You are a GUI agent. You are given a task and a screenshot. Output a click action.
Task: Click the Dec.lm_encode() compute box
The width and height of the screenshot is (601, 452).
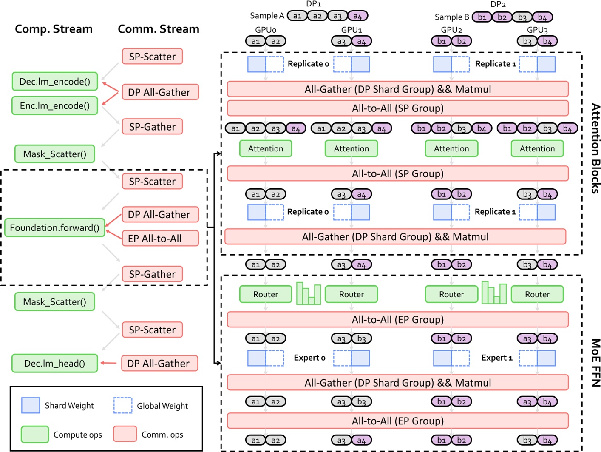[x=55, y=81]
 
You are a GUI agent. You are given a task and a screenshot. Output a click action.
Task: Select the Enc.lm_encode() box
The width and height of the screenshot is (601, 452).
[x=55, y=105]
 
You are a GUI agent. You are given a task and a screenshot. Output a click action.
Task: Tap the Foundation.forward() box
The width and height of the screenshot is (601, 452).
[x=54, y=227]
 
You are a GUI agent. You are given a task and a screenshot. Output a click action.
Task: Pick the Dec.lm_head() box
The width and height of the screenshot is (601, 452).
[x=54, y=363]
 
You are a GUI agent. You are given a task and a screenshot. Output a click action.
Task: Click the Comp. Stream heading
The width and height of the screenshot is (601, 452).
[x=54, y=29]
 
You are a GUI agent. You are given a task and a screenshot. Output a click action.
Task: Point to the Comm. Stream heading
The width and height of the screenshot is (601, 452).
[x=158, y=29]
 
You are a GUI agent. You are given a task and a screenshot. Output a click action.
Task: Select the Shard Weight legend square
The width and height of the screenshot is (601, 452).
[x=31, y=405]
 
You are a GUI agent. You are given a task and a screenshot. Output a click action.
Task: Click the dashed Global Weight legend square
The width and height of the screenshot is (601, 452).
[x=123, y=405]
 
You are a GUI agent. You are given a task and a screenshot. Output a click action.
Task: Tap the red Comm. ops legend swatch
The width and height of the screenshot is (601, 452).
[x=125, y=434]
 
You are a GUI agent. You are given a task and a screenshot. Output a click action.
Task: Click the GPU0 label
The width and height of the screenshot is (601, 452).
[x=266, y=30]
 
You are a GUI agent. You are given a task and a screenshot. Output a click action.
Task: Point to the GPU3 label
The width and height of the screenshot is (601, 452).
[x=537, y=30]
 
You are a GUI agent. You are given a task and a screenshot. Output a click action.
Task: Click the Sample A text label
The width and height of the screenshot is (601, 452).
[x=266, y=16]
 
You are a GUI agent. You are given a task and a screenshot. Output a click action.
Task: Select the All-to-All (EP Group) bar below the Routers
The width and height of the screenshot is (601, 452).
[x=397, y=319]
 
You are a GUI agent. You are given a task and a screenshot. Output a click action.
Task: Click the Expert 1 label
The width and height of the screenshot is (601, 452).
[x=496, y=358]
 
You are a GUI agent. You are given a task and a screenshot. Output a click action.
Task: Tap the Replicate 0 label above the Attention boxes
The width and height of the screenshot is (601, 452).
[x=308, y=64]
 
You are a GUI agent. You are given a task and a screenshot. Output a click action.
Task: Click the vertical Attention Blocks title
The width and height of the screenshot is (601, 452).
[x=595, y=148]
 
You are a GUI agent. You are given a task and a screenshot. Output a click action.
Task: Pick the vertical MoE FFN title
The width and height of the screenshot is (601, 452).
[x=595, y=362]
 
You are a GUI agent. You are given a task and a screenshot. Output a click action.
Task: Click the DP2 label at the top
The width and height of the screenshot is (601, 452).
[x=498, y=4]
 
